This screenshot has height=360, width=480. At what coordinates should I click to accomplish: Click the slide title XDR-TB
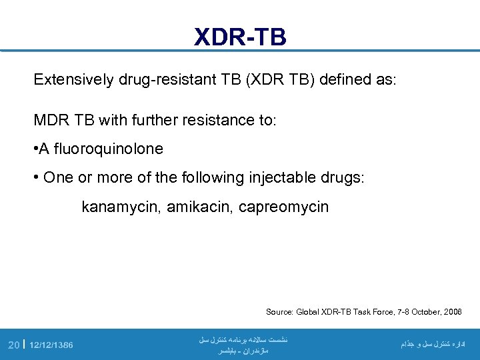point(240,37)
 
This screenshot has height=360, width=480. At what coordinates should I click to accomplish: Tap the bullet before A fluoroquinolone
point(36,149)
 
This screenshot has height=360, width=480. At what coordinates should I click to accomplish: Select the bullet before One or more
point(37,178)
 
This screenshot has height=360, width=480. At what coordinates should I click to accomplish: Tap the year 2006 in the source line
point(451,312)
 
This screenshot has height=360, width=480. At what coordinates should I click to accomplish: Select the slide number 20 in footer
point(13,345)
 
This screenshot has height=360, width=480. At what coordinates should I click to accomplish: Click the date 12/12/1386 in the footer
point(51,345)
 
